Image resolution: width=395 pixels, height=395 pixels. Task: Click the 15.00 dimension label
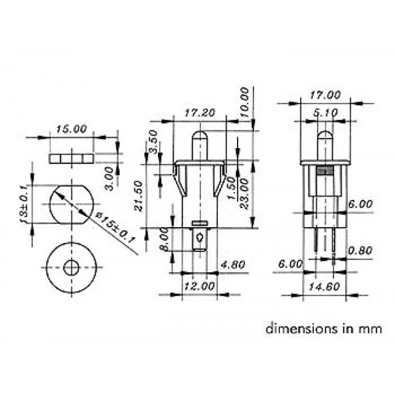71,129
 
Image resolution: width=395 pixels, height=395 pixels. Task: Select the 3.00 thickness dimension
109,178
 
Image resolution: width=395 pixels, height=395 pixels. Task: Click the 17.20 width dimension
199,114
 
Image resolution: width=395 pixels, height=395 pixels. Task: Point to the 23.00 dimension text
244,195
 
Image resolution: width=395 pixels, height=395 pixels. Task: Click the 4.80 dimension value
233,265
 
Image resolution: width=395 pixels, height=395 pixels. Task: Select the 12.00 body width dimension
199,286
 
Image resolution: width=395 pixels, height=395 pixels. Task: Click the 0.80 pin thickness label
360,250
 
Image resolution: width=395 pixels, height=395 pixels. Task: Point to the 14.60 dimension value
324,286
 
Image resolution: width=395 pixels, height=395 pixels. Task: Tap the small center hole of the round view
71,268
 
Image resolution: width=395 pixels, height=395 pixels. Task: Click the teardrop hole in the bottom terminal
201,239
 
